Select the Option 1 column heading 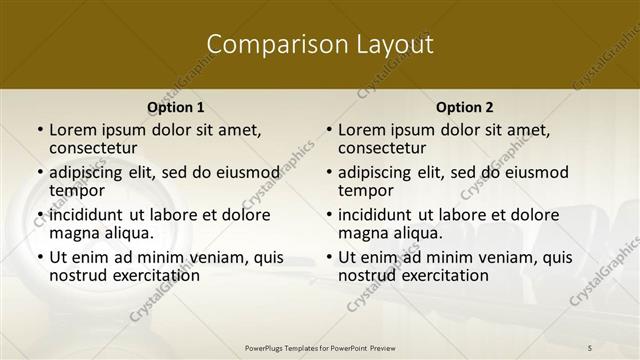176,107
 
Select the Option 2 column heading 465,107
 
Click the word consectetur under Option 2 382,148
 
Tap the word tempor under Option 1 75,190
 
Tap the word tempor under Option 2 364,190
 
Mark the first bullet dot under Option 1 39,130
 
